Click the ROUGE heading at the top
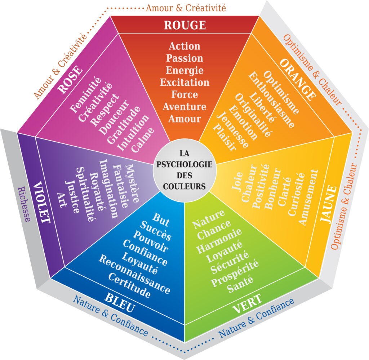(185, 25)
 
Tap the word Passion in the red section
(185, 58)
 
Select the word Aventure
(184, 107)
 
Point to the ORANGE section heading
(298, 80)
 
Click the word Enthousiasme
(271, 100)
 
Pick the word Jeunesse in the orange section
(232, 130)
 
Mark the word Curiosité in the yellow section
(296, 194)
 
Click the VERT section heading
(247, 303)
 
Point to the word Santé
(240, 284)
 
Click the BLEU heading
(120, 302)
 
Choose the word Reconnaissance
(134, 274)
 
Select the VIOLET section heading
(42, 203)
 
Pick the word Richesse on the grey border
(24, 204)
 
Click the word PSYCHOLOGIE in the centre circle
(184, 164)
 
